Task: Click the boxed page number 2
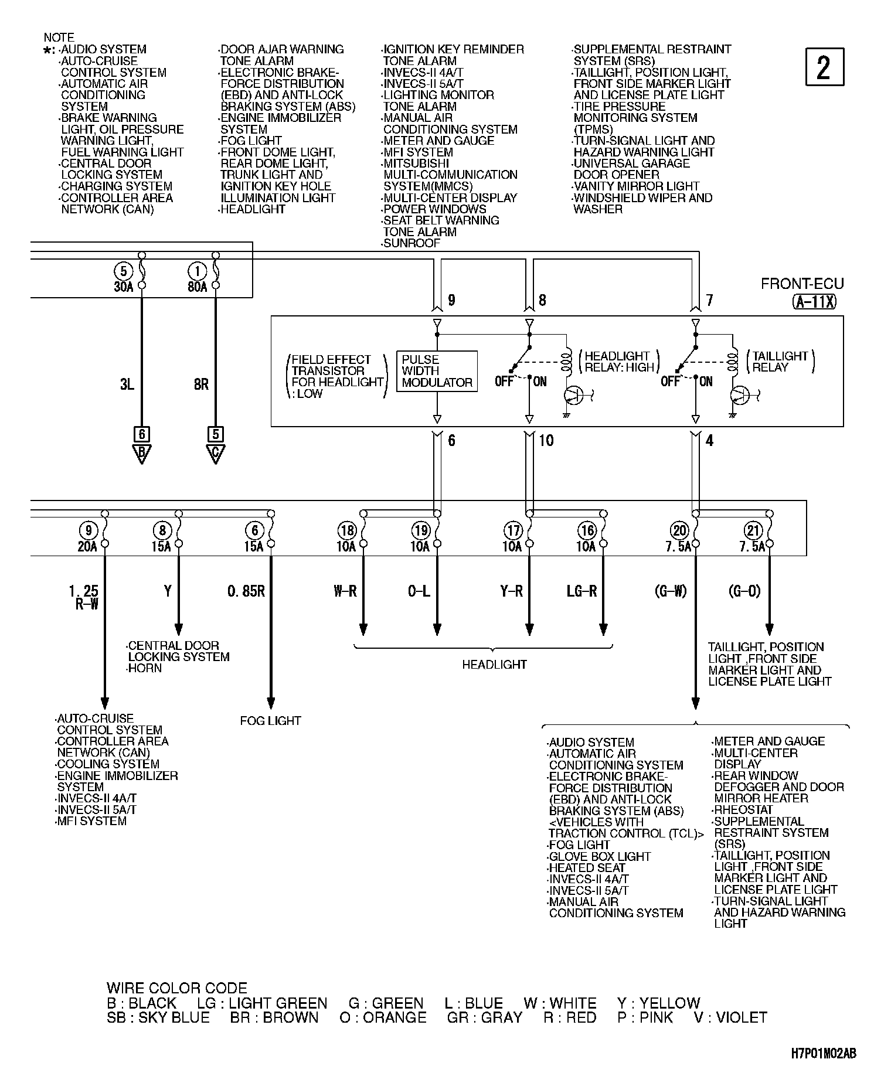pyautogui.click(x=824, y=67)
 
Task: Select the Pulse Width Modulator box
pyautogui.click(x=437, y=371)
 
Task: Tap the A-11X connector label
pyautogui.click(x=815, y=302)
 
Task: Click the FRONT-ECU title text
pyautogui.click(x=802, y=284)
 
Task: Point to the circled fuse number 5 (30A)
pyautogui.click(x=123, y=271)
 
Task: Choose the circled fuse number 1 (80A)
pyautogui.click(x=197, y=271)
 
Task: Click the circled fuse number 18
pyautogui.click(x=347, y=531)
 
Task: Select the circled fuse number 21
pyautogui.click(x=753, y=531)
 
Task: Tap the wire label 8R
pyautogui.click(x=201, y=384)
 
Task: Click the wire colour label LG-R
pyautogui.click(x=581, y=591)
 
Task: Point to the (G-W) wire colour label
pyautogui.click(x=670, y=591)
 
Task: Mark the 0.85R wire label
pyautogui.click(x=246, y=591)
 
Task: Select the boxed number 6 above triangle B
pyautogui.click(x=141, y=434)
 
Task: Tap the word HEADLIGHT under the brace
pyautogui.click(x=494, y=665)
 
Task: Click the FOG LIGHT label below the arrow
pyautogui.click(x=270, y=721)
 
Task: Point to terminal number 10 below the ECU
pyautogui.click(x=546, y=440)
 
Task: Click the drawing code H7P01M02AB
pyautogui.click(x=823, y=1053)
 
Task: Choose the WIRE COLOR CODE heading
pyautogui.click(x=176, y=988)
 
